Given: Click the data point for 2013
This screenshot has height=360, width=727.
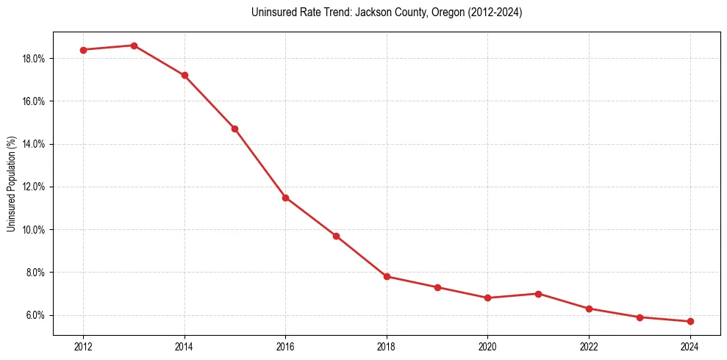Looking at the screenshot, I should [x=134, y=46].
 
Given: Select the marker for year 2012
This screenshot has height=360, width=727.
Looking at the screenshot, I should [x=83, y=50].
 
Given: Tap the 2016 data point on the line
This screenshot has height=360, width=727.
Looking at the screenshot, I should [x=285, y=198].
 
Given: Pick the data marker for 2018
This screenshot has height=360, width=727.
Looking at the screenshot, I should [x=387, y=277].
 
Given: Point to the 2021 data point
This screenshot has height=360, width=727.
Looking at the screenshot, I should [x=538, y=294].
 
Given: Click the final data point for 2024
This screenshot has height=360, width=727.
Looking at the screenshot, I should [x=690, y=322].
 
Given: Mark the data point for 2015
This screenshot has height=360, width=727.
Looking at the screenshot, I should [x=234, y=129].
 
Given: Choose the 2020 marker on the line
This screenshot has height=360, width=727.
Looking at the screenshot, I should [x=487, y=298].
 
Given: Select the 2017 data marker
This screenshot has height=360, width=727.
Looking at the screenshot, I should [x=336, y=236].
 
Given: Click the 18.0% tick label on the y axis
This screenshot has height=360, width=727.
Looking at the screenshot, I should [x=34, y=59].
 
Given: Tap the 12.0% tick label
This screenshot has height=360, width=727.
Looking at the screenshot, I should [x=34, y=187].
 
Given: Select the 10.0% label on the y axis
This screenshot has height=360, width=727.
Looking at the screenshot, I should [x=34, y=230].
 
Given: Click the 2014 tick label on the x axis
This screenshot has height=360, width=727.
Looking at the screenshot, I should [x=185, y=346].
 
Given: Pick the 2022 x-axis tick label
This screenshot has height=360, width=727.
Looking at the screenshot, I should [x=589, y=346].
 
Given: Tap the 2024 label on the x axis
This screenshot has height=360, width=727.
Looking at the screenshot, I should [x=690, y=346].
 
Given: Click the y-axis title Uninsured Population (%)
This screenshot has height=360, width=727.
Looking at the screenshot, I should [x=12, y=184].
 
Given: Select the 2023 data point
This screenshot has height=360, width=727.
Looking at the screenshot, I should [x=640, y=317].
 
